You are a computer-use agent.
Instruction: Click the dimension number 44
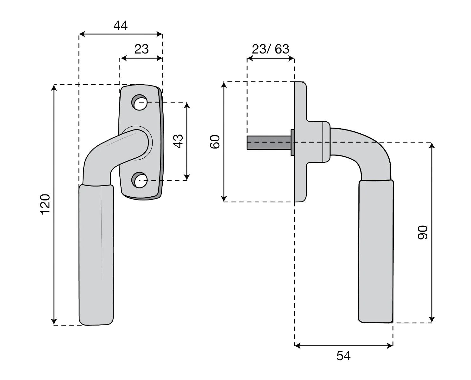coord(120,25)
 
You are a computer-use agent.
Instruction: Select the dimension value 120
coord(45,204)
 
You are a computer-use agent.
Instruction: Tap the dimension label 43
coord(178,141)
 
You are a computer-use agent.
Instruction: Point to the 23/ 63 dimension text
coord(271,49)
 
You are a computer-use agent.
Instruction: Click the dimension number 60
coord(215,142)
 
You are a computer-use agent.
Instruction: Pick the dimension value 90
coord(423,232)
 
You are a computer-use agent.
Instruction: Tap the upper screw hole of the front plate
coord(139,103)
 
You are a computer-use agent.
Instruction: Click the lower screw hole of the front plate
coord(139,180)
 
